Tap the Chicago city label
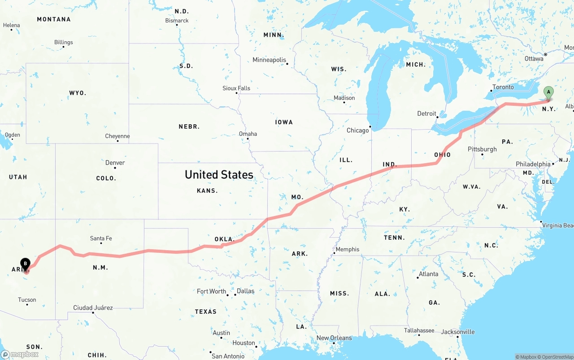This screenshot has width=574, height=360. pyautogui.click(x=357, y=130)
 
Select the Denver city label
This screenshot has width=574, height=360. pyautogui.click(x=115, y=163)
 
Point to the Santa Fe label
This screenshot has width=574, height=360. pyautogui.click(x=101, y=239)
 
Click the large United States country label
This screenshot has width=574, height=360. pyautogui.click(x=219, y=175)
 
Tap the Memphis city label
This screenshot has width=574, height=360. pyautogui.click(x=348, y=249)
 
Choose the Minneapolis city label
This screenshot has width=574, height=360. pyautogui.click(x=269, y=60)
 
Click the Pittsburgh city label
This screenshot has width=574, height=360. pyautogui.click(x=482, y=149)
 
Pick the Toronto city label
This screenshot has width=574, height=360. pyautogui.click(x=503, y=87)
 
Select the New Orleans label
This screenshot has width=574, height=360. pyautogui.click(x=334, y=338)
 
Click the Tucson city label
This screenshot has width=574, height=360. pyautogui.click(x=27, y=300)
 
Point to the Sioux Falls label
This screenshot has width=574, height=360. pyautogui.click(x=236, y=88)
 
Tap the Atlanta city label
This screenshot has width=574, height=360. pyautogui.click(x=429, y=274)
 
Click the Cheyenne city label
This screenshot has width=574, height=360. pyautogui.click(x=117, y=136)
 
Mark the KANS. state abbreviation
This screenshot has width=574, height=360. pyautogui.click(x=207, y=191)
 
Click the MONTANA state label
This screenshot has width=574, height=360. pyautogui.click(x=54, y=19)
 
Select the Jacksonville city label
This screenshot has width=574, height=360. pyautogui.click(x=457, y=332)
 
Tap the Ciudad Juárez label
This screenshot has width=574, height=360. pyautogui.click(x=93, y=308)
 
